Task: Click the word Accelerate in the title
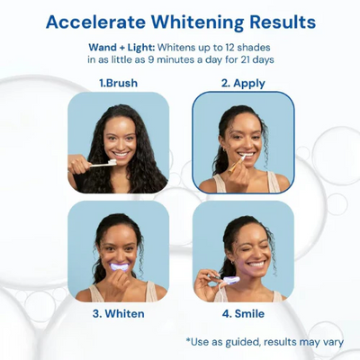(95, 22)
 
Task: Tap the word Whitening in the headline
(198, 22)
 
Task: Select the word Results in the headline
(283, 22)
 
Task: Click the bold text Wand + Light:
(121, 48)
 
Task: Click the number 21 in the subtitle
(245, 59)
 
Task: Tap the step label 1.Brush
(119, 83)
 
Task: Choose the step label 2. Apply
(243, 84)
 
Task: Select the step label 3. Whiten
(119, 313)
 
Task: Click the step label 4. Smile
(243, 313)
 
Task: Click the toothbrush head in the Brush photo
(112, 162)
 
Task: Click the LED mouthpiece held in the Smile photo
(231, 281)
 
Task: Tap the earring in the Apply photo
(223, 149)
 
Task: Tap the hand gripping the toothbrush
(79, 165)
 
